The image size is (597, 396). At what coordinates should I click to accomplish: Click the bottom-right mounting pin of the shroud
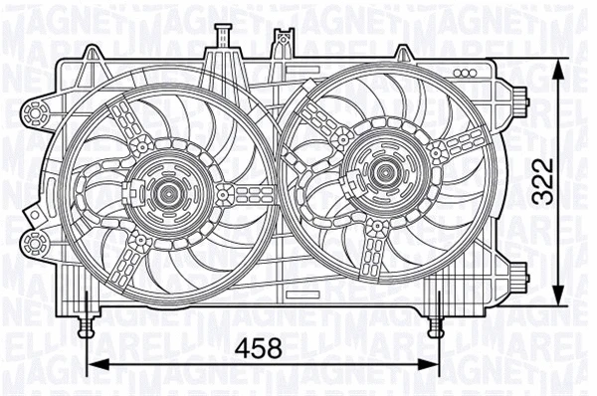coord(435,323)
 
